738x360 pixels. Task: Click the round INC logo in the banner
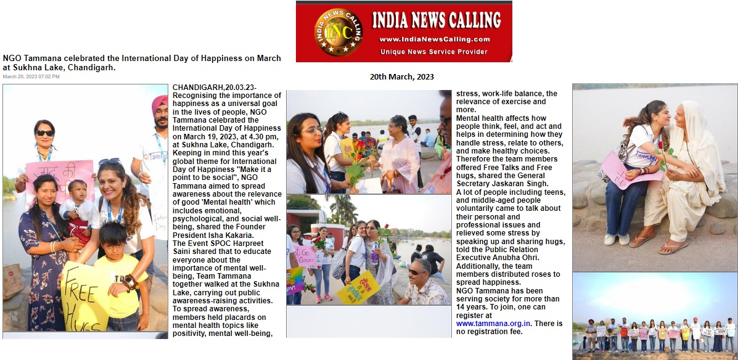pos(336,31)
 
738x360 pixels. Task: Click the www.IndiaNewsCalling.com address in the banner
pos(435,39)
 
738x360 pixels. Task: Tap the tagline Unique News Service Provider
pos(434,52)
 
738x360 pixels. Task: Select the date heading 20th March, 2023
pos(402,77)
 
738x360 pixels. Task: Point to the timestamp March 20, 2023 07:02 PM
pos(31,77)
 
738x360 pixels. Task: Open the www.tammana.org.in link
pos(493,323)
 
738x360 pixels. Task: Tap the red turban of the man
pos(160,105)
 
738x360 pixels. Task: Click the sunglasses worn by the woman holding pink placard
pos(44,133)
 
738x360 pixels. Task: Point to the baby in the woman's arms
pos(79,207)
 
